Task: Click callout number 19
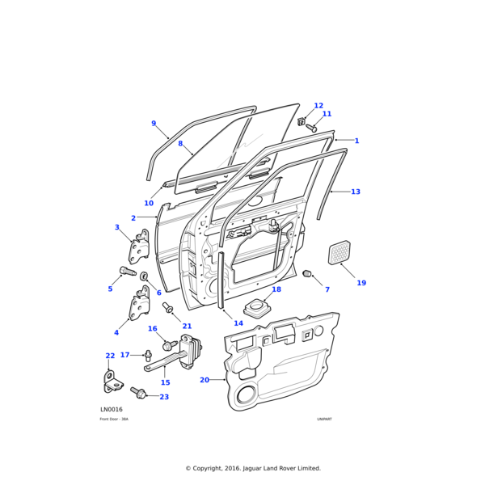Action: (x=361, y=283)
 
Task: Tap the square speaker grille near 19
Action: (x=339, y=252)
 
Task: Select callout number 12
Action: (x=318, y=106)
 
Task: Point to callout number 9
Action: (x=154, y=124)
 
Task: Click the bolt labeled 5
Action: (x=128, y=271)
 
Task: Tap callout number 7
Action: (x=327, y=289)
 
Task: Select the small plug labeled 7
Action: (x=308, y=275)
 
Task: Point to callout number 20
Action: (x=205, y=379)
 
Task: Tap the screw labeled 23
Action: (x=138, y=394)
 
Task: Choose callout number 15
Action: (x=165, y=382)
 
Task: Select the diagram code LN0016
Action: (x=112, y=410)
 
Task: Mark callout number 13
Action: (x=356, y=192)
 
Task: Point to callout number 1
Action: (x=356, y=141)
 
